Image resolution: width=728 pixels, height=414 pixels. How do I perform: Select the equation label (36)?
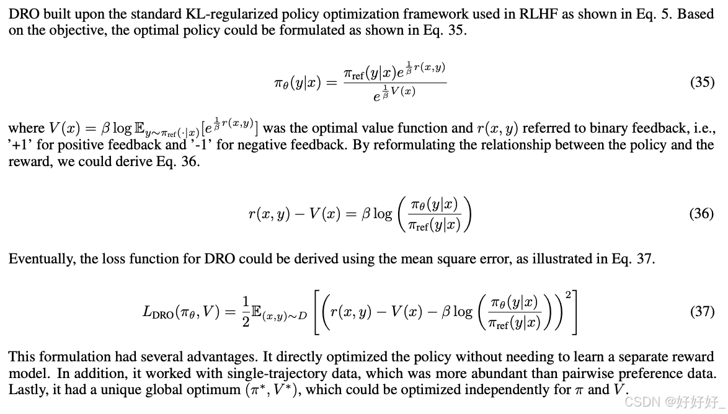tap(702, 214)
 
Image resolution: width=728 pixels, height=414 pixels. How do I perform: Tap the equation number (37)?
tap(702, 311)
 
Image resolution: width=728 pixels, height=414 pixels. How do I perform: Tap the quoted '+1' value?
tap(19, 146)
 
